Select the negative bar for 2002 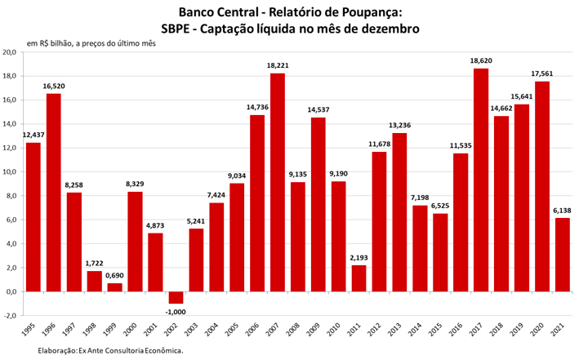176,297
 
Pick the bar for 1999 114,287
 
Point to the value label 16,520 54,85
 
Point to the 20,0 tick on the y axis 11,52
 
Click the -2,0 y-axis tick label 11,315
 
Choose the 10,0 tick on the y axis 11,172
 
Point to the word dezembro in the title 384,29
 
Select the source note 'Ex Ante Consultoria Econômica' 130,351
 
